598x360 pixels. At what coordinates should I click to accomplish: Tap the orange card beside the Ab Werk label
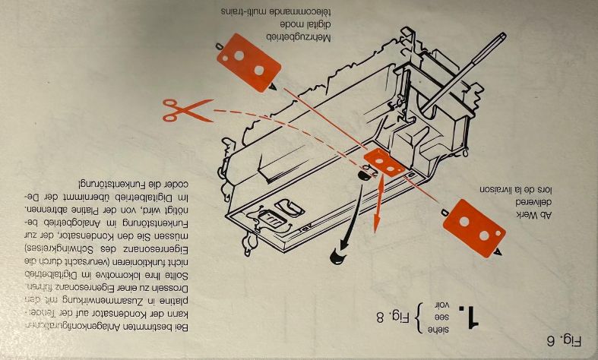(473, 227)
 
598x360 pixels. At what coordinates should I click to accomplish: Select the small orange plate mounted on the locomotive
(384, 162)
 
